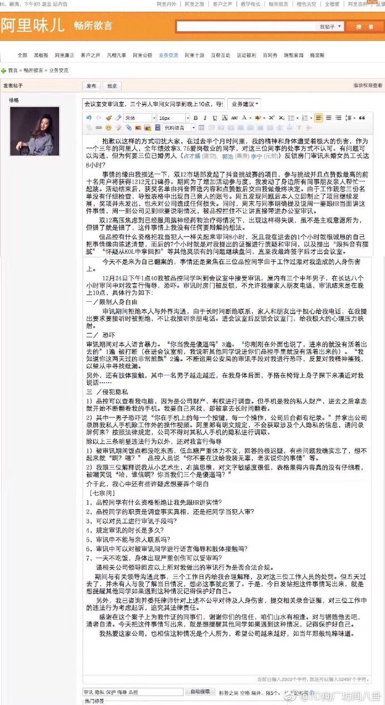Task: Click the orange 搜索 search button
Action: point(364,26)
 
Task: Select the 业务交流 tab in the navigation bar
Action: point(168,56)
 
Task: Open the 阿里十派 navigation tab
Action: point(195,56)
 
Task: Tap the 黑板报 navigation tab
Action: point(41,56)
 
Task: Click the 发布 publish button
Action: point(92,86)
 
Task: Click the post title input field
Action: point(153,104)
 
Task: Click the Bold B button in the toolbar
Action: point(196,118)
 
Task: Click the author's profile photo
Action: point(35,131)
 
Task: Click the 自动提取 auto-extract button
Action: point(200,691)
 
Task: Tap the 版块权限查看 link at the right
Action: point(368,86)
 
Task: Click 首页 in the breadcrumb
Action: point(12,71)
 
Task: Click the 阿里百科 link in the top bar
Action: point(358,4)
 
